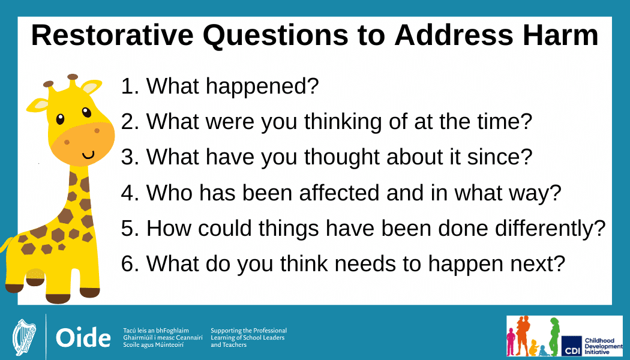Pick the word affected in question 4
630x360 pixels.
pyautogui.click(x=339, y=193)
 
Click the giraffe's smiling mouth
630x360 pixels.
pyautogui.click(x=88, y=155)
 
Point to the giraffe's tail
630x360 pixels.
pyautogui.click(x=7, y=245)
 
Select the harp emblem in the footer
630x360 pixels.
pyautogui.click(x=24, y=337)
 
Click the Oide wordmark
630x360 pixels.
pyautogui.click(x=83, y=337)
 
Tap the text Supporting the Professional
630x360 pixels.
pyautogui.click(x=249, y=331)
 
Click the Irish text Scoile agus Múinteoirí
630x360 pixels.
pyautogui.click(x=154, y=345)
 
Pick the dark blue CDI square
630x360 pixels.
pyautogui.click(x=572, y=346)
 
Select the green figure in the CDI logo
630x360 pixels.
pyautogui.click(x=554, y=336)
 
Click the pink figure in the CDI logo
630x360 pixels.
pyautogui.click(x=511, y=341)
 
